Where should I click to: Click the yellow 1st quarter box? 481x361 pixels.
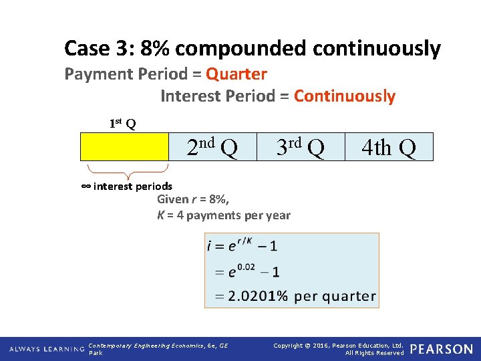pos(124,146)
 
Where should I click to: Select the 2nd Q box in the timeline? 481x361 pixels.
pos(212,146)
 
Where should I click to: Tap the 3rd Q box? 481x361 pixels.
pos(301,146)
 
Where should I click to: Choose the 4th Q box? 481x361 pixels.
pos(389,147)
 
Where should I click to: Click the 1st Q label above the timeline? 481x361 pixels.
pos(122,123)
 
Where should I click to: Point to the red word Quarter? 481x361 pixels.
pos(236,74)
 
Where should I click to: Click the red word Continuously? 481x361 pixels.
pos(344,96)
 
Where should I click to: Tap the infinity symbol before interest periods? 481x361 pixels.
pos(86,186)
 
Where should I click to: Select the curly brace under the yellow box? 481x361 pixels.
pos(124,171)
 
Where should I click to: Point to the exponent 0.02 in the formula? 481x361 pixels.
pos(246,267)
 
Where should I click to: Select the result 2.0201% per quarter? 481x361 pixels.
pos(301,295)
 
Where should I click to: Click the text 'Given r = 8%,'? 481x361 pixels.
pos(193,199)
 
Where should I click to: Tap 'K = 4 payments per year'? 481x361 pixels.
pos(223,215)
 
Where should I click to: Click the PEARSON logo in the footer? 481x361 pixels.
pos(441,349)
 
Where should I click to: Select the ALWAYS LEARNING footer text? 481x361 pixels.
pos(47,349)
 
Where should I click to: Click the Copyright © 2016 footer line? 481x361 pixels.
pos(339,345)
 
